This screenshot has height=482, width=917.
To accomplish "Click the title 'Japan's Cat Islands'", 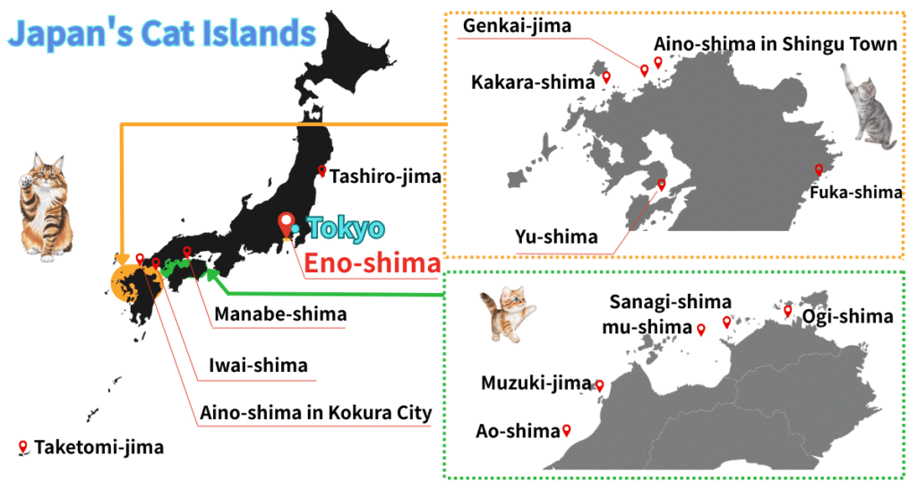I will pos(162,34).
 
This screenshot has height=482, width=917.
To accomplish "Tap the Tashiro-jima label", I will pos(385,176).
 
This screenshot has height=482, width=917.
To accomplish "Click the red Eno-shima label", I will pos(372,263).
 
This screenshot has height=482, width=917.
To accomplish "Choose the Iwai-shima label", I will pos(258,365).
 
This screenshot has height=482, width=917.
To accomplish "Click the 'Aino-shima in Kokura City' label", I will pos(316,413).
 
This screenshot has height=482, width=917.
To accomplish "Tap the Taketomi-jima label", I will pos(99,446).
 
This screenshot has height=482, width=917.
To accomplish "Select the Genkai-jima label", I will pos(517,26).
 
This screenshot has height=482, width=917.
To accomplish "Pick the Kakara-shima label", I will pos(533,82).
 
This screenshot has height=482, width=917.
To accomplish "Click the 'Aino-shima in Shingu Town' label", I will pos(775,44).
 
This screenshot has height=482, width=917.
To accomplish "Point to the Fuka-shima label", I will pos(854,192).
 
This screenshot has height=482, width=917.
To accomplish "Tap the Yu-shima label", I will pos(556,237).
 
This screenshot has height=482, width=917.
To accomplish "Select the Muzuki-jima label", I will pos(536,383).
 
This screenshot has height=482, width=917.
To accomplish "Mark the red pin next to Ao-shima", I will pos(566,431).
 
